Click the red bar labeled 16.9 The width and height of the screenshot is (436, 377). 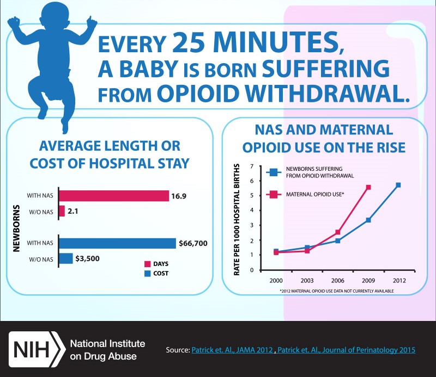point(113,195)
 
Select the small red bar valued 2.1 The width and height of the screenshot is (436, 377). point(62,211)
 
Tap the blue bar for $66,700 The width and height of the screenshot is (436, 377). point(117,243)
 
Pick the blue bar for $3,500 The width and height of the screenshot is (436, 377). point(65,258)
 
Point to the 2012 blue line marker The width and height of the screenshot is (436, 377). point(398,185)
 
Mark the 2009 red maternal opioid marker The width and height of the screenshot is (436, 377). point(368,187)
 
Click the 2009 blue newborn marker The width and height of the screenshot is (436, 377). point(368,220)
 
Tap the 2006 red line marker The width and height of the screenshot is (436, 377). point(338,232)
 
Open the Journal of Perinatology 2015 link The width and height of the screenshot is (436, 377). point(346,350)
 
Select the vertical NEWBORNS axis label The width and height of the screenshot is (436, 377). point(17,227)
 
